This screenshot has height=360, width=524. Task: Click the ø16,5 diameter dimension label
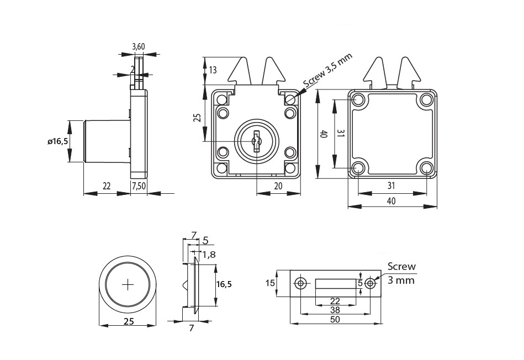57,142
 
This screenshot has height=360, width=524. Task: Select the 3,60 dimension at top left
139,47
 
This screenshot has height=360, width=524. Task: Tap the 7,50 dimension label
139,186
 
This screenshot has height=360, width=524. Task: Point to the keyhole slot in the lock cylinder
256,141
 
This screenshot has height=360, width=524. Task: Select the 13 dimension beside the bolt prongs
213,70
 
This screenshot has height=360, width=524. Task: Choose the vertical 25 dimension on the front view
197,117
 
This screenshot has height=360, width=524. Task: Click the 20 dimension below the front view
278,186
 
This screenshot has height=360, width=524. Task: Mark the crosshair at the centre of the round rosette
128,284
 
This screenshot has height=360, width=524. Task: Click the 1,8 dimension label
209,255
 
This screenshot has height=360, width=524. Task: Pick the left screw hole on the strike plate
300,283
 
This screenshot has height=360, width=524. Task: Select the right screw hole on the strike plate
370,283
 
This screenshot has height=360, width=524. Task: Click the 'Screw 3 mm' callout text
401,273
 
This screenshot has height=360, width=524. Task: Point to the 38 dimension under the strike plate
335,310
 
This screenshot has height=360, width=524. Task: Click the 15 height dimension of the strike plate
270,283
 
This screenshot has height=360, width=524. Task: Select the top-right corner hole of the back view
426,100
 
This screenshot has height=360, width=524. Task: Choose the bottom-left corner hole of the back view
358,167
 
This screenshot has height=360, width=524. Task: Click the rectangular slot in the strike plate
335,283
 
